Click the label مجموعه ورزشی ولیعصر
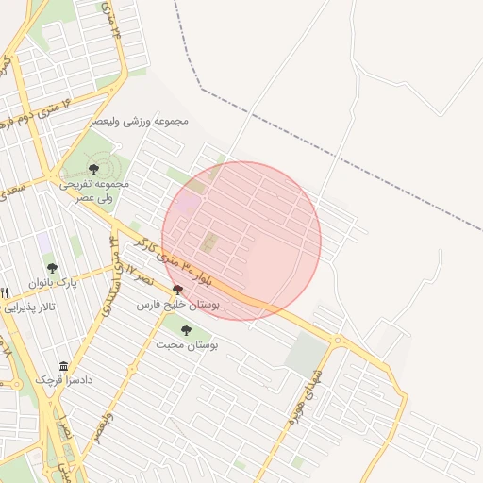[140, 122]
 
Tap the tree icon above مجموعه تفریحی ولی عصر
[92, 169]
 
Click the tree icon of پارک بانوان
[52, 269]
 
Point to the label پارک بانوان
[51, 283]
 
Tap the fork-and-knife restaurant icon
[5, 292]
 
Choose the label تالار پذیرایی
[28, 308]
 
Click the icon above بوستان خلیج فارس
[177, 291]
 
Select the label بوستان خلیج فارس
[178, 306]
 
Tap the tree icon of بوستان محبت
[185, 330]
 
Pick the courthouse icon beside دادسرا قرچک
[63, 366]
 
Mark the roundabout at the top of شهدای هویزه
[338, 340]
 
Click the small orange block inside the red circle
[208, 243]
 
